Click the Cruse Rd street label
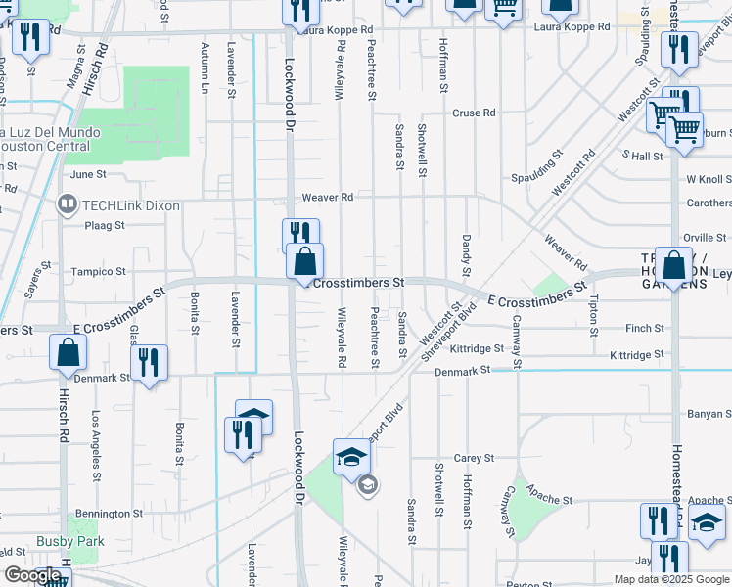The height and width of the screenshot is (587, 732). pyautogui.click(x=473, y=113)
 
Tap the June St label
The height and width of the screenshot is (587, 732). pyautogui.click(x=88, y=174)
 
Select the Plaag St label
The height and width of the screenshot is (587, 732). pyautogui.click(x=105, y=225)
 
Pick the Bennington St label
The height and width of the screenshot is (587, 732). pyautogui.click(x=111, y=514)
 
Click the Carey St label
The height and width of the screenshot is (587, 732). pyautogui.click(x=473, y=458)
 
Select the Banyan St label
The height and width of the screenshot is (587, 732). pyautogui.click(x=710, y=415)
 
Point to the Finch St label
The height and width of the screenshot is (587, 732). pyautogui.click(x=645, y=329)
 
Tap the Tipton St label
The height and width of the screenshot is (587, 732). pyautogui.click(x=594, y=311)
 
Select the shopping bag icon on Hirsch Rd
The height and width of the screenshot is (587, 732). pyautogui.click(x=67, y=353)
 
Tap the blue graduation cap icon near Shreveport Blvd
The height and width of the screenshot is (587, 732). pyautogui.click(x=351, y=456)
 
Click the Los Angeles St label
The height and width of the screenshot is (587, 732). pyautogui.click(x=95, y=435)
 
